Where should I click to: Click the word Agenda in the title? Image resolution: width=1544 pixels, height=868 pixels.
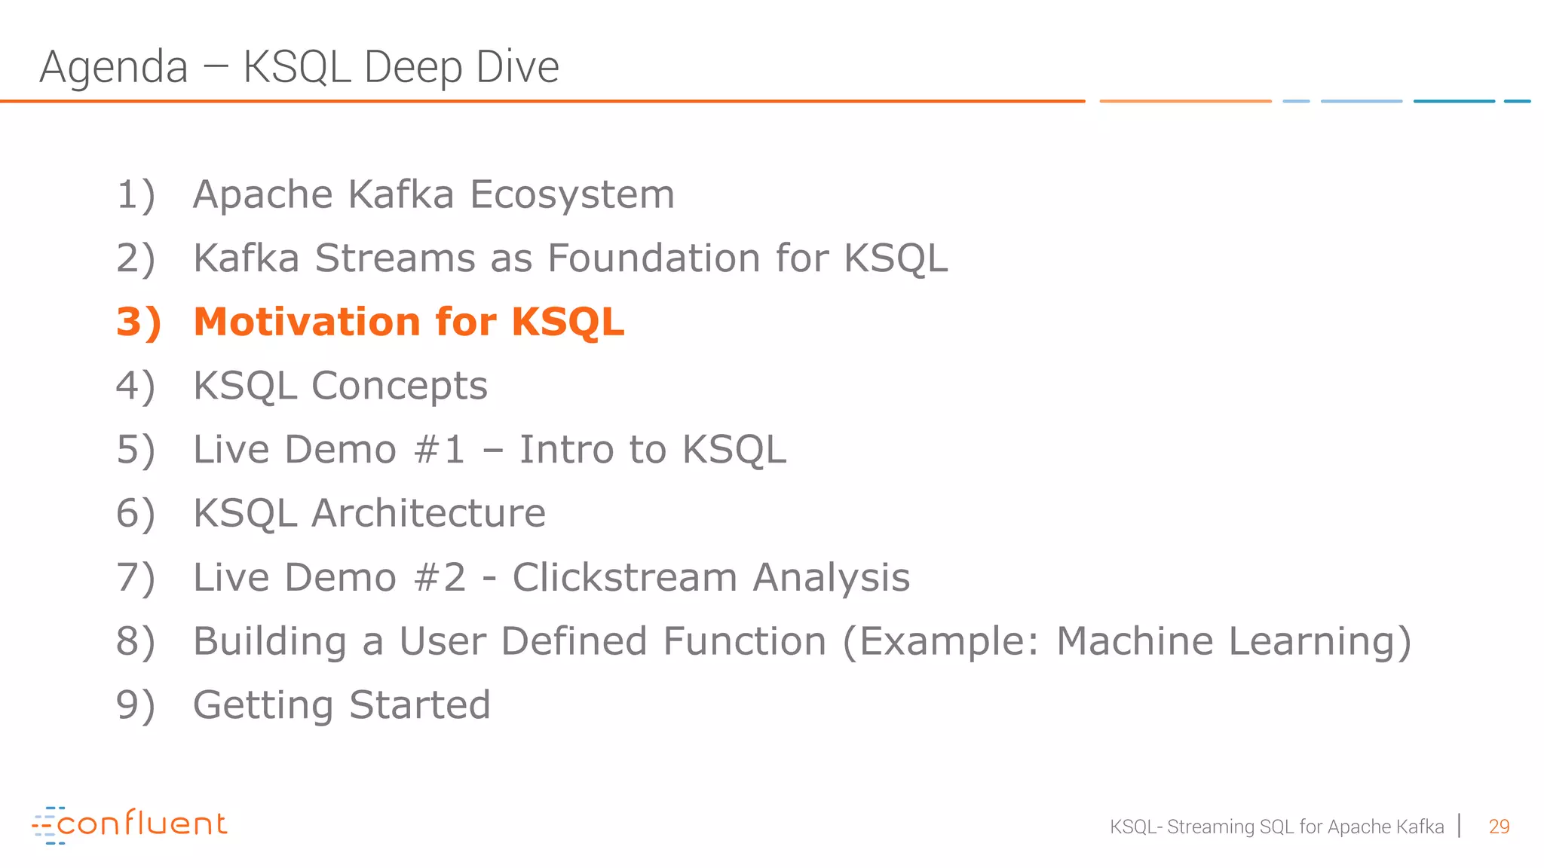click(x=113, y=67)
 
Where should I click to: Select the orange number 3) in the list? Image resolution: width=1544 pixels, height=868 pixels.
click(x=139, y=322)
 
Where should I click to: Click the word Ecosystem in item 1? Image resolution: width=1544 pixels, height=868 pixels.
click(x=572, y=195)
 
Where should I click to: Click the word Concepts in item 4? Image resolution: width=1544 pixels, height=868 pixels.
click(x=400, y=387)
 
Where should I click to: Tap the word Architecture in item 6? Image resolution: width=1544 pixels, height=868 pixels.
click(x=428, y=514)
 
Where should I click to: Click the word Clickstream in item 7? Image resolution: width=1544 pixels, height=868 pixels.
click(x=625, y=578)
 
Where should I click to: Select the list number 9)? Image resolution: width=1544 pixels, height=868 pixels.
click(x=136, y=706)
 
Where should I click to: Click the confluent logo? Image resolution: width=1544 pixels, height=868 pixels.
click(x=130, y=824)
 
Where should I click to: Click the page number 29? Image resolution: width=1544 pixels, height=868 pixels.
click(x=1499, y=827)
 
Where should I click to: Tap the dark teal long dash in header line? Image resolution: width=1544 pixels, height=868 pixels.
click(x=1454, y=101)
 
